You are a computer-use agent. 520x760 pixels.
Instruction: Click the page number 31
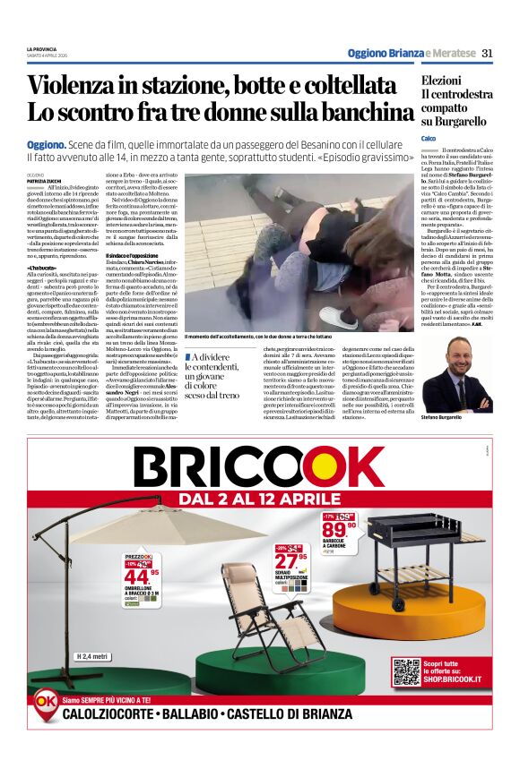pyautogui.click(x=487, y=53)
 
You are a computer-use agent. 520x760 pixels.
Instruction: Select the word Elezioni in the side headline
pyautogui.click(x=442, y=81)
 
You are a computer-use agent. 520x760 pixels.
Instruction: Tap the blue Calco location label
pyautogui.click(x=429, y=138)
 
